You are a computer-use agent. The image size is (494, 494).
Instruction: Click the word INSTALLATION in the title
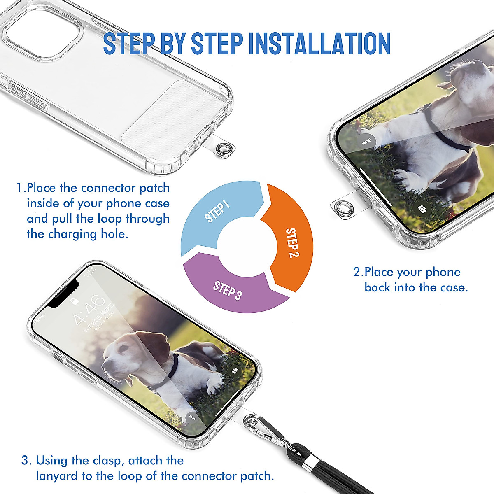(x=320, y=43)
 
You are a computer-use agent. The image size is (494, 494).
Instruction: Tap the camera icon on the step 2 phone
(x=422, y=209)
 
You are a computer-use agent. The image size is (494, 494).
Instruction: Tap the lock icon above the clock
(x=75, y=302)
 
